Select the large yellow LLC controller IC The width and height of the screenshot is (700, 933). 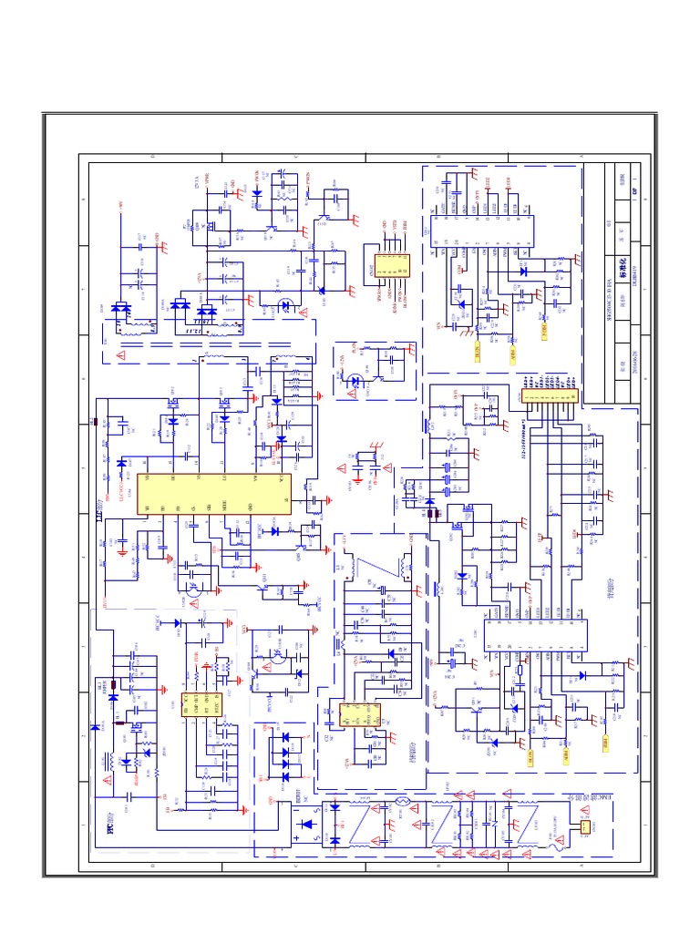point(213,494)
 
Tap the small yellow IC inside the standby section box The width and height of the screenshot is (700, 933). point(357,714)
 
